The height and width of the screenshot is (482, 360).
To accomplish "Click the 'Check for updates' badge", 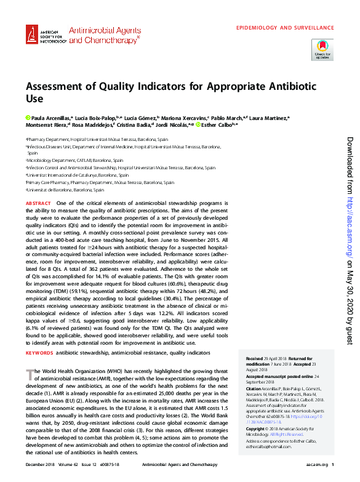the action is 322,49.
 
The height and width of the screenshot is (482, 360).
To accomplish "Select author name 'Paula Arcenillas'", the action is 50,117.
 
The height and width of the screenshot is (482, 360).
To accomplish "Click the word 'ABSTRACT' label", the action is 38,203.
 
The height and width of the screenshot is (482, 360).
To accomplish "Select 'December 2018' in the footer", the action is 39,464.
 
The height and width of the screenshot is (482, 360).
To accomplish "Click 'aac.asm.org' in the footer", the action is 316,464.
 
